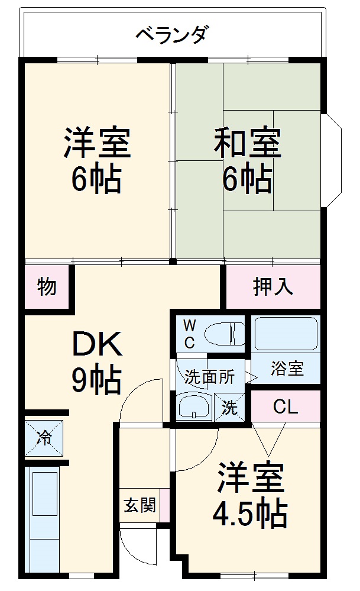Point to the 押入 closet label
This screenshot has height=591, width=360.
(x=273, y=287)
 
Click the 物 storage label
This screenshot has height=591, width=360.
(x=47, y=287)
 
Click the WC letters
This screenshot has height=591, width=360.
(x=189, y=334)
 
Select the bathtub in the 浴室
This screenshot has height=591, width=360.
(x=285, y=334)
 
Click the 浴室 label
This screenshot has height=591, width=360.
(x=287, y=368)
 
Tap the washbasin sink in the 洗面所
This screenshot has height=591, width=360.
(x=194, y=408)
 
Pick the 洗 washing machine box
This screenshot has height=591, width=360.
(x=229, y=408)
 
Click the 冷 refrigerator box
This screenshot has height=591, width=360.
(x=44, y=438)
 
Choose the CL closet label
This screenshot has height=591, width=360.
(x=286, y=406)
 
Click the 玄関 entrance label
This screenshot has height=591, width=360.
(x=140, y=505)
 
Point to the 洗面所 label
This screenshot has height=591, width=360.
(x=209, y=376)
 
